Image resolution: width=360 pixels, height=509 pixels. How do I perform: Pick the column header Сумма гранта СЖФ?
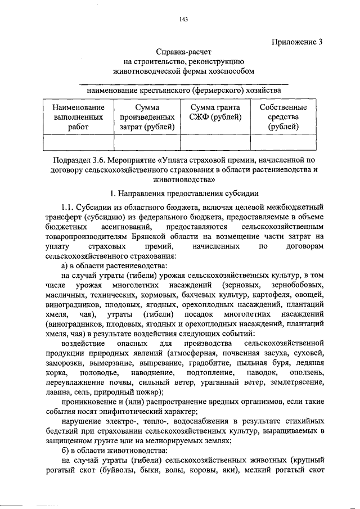215,112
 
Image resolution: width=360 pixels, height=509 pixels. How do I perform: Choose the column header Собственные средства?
283,117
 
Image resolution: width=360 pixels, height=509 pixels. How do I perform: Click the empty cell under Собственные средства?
283,142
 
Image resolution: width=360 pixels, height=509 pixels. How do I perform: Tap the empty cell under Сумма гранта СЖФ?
215,142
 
